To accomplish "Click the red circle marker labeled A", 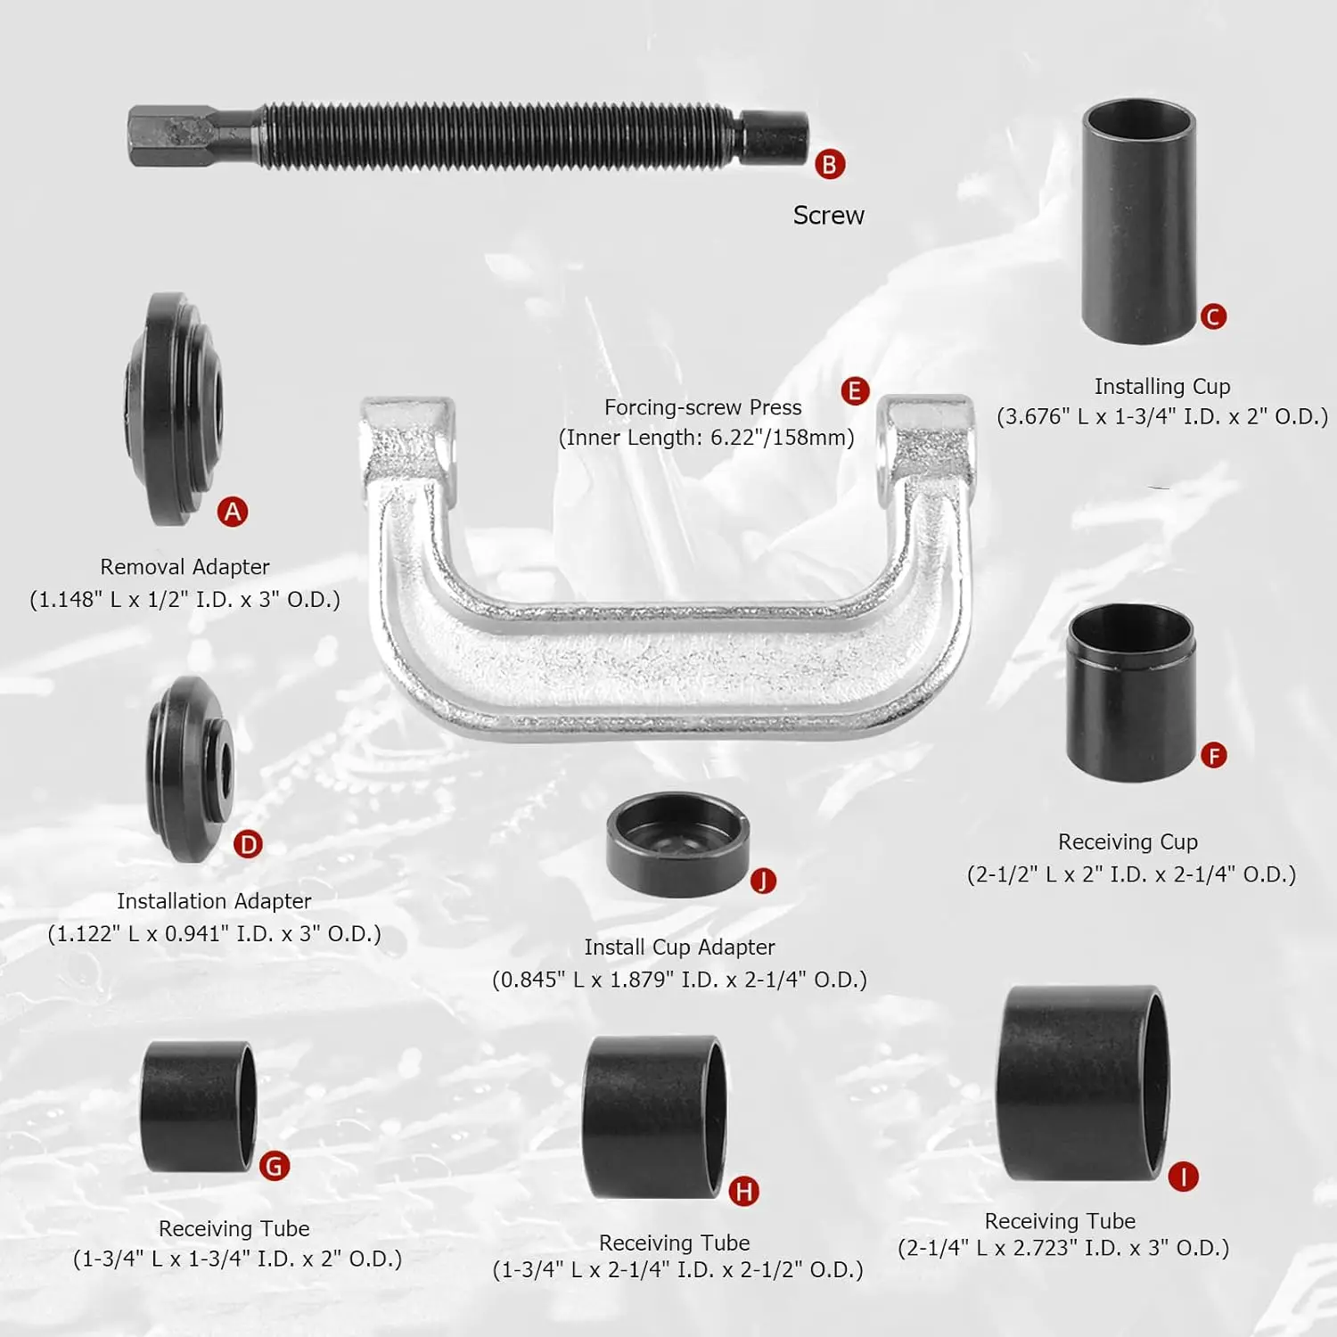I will point(233,512).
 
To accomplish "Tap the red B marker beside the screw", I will point(830,165).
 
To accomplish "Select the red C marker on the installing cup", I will point(1213,316).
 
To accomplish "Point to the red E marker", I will point(855,390).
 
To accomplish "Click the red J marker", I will point(763,881).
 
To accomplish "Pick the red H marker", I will point(743,1191).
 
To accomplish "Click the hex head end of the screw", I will point(169,136).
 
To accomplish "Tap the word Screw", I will point(828,216).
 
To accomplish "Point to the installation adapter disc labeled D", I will point(191,768).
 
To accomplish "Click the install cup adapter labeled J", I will point(677,844).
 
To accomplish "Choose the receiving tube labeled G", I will point(198,1106).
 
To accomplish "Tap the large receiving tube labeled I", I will point(1082,1084).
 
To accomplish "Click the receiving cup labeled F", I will point(1131,693).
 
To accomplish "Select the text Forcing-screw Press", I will point(702,407).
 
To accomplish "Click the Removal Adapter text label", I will point(185,567).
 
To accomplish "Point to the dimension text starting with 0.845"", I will point(679,980).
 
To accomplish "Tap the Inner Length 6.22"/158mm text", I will point(706,438).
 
